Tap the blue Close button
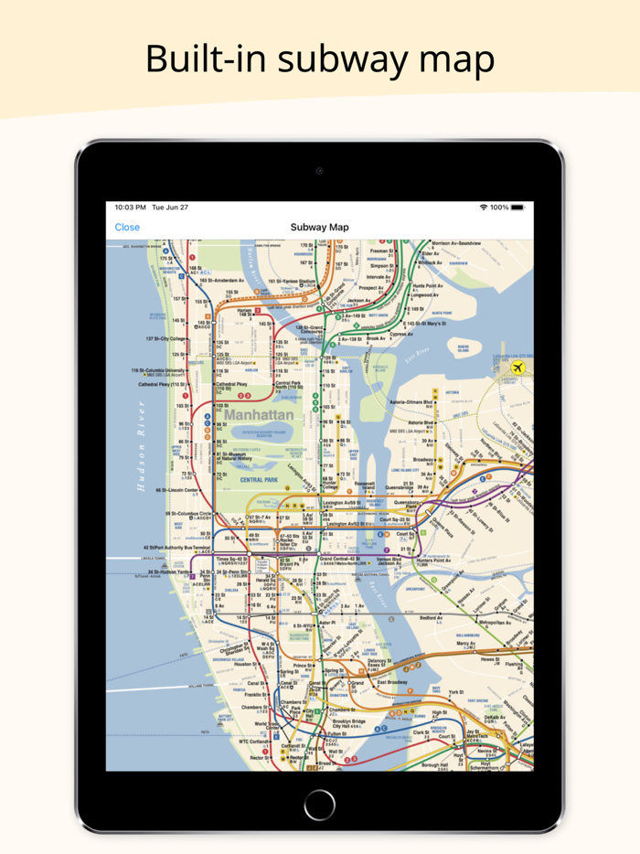[x=127, y=228]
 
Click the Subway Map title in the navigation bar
[x=319, y=228]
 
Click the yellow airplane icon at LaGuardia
[x=518, y=368]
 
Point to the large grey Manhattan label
[x=260, y=415]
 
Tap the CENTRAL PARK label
[x=259, y=479]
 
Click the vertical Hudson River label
[x=142, y=445]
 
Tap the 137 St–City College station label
[x=164, y=338]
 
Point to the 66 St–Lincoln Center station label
[x=178, y=490]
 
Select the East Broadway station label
[x=394, y=682]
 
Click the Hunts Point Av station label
[x=427, y=286]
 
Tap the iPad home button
[x=319, y=805]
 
